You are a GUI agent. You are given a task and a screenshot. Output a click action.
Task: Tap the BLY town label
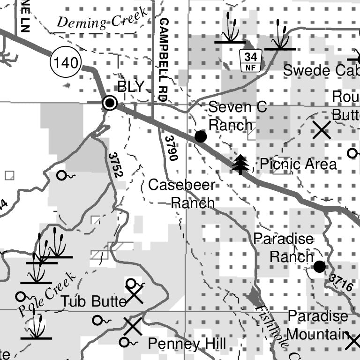pos(131,87)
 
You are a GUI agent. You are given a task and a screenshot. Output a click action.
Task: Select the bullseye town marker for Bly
pos(110,103)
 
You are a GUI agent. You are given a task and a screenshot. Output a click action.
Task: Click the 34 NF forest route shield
pos(251,61)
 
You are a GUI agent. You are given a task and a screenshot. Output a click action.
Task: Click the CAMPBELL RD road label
pos(163,60)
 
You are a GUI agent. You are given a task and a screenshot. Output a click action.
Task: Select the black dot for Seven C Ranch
pos(201,136)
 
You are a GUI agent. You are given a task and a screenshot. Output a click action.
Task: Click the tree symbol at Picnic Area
pos(241,164)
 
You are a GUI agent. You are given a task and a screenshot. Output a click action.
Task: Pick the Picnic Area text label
pos(298,165)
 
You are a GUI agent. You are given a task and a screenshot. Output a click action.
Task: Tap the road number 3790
pos(171,148)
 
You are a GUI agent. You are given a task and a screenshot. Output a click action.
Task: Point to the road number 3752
pos(115,165)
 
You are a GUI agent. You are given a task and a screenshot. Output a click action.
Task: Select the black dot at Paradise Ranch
pos(319,267)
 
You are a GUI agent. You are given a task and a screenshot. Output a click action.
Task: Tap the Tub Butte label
pos(94,301)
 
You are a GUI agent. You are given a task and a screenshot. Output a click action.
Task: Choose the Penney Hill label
pos(187,344)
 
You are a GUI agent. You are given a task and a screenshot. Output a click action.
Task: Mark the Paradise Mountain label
pos(318,325)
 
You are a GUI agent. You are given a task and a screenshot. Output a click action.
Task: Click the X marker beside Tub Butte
pos(135,296)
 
